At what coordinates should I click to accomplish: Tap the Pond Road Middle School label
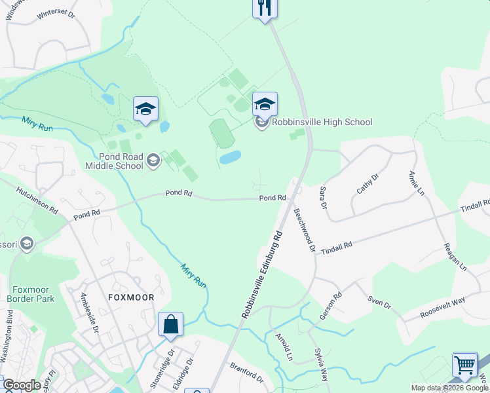point(114,161)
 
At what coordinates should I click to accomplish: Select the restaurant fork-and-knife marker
point(265,8)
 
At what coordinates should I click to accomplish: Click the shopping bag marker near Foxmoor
point(170,325)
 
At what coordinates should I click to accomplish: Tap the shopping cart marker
point(464,364)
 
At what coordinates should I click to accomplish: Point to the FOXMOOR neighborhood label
point(131,297)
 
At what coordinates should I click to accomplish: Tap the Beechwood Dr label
point(305,231)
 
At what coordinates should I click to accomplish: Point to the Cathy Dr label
point(367,184)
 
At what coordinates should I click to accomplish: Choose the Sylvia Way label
point(322,365)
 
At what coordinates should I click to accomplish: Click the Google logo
point(22,385)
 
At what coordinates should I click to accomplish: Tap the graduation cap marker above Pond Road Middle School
point(145,109)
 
